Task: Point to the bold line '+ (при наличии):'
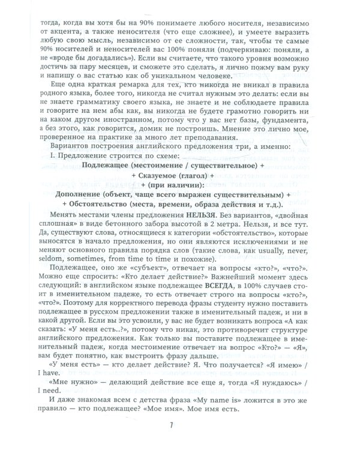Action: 180,185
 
